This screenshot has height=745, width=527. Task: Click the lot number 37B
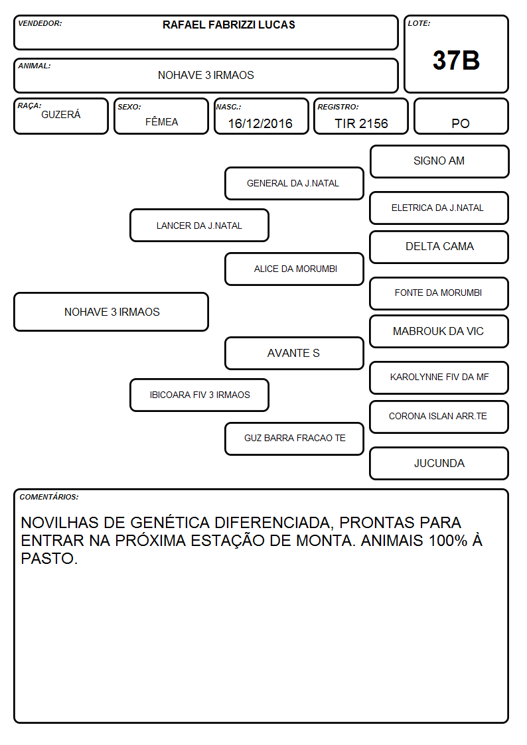tap(456, 60)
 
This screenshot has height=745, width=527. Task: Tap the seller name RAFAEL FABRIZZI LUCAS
tap(228, 25)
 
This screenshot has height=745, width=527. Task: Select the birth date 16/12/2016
tap(260, 123)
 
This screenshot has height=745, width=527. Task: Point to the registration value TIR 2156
tap(361, 123)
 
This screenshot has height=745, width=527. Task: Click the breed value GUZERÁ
tap(61, 114)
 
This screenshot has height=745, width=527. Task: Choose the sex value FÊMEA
tap(161, 121)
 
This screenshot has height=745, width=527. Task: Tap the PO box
tap(461, 116)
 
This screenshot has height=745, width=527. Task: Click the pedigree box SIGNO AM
tap(439, 162)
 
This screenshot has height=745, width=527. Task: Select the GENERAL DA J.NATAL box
tap(294, 183)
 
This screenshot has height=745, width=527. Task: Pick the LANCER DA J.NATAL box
tap(199, 225)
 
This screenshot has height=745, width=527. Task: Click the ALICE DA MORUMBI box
tap(294, 269)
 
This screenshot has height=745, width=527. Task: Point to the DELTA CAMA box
tap(439, 247)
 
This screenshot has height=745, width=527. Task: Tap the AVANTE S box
tap(294, 353)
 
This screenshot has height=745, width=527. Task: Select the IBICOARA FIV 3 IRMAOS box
tap(199, 395)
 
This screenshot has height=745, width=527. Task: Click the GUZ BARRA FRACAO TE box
tap(294, 439)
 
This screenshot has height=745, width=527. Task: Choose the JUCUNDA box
tap(439, 463)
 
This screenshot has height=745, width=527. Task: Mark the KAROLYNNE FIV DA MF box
tap(439, 377)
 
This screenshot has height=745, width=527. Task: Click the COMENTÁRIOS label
tap(49, 497)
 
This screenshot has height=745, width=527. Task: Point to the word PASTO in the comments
tap(49, 559)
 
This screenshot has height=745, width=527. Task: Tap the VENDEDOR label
tap(40, 23)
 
